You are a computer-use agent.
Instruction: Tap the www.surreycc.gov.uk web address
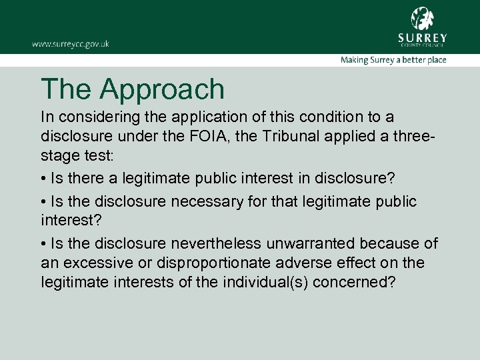click(x=70, y=44)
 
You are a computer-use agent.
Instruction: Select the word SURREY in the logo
click(x=422, y=37)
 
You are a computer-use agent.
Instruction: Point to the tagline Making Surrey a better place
click(x=393, y=60)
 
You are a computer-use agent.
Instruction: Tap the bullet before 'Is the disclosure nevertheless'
click(x=43, y=243)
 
